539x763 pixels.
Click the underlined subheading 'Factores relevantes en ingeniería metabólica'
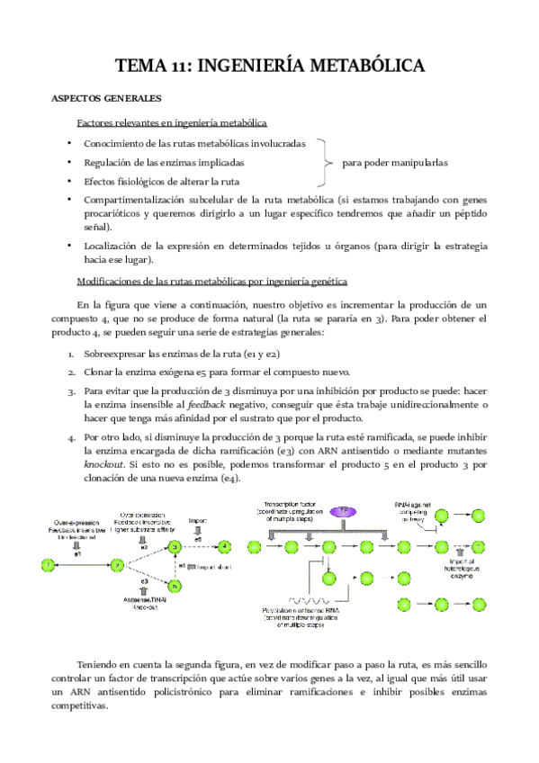pyautogui.click(x=171, y=122)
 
